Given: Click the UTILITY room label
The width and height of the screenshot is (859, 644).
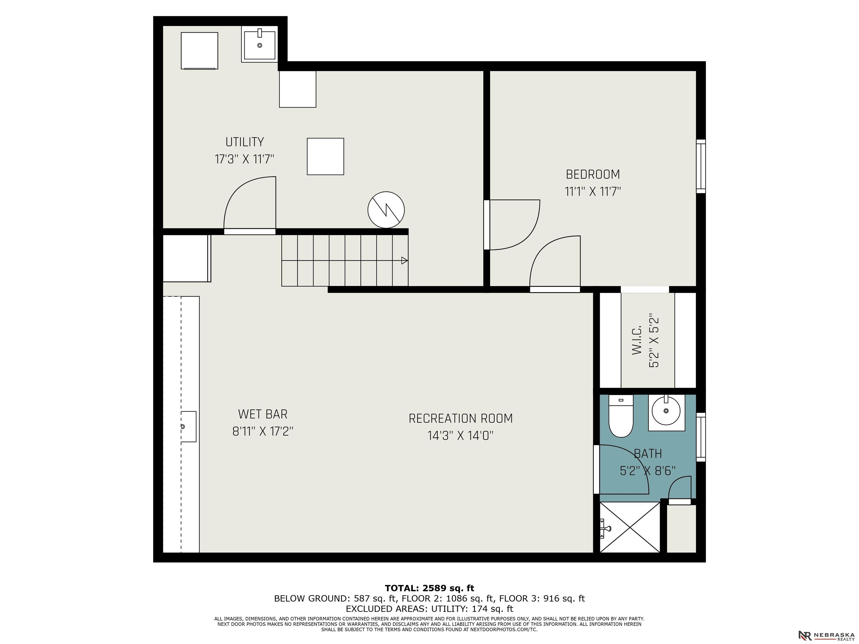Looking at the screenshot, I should click(245, 142).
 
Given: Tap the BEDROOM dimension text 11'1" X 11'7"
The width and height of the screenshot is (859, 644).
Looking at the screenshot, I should click(593, 192).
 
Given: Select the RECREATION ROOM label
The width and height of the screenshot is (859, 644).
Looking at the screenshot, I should click(461, 418).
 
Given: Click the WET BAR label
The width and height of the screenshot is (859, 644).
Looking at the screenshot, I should click(263, 414).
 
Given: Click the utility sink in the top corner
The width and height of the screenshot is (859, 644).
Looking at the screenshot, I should click(259, 45).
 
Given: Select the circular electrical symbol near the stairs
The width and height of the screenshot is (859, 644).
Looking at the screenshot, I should click(386, 210).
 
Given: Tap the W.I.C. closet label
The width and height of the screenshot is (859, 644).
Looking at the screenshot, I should click(637, 340).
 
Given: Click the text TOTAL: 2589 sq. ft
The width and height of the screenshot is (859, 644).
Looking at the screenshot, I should click(429, 588).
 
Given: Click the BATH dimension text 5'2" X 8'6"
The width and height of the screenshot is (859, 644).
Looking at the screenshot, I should click(647, 471).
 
